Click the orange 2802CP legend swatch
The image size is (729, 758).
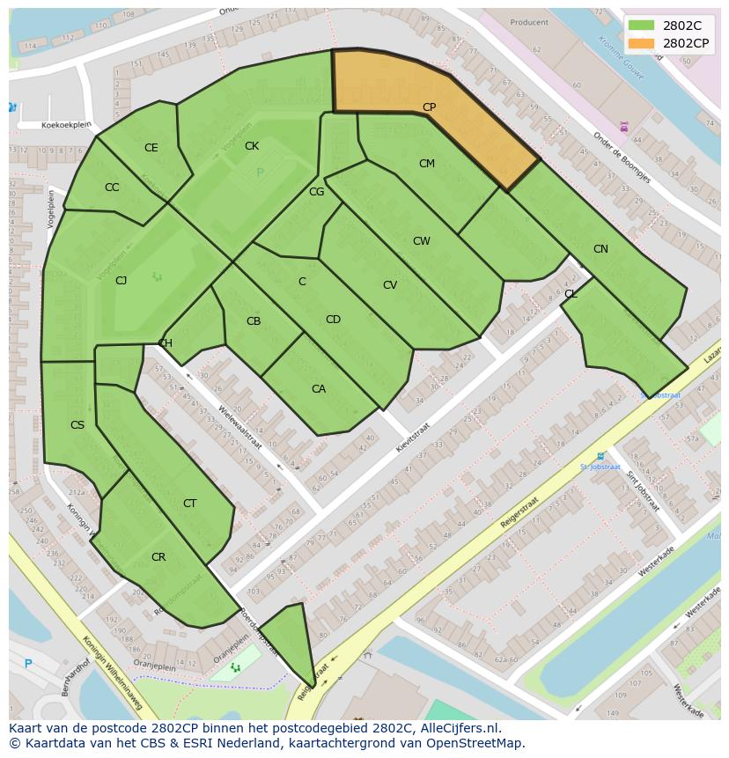642,42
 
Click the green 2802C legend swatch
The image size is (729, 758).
642,25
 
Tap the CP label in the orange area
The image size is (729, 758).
429,107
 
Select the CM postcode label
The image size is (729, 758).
426,164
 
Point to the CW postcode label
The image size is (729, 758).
421,241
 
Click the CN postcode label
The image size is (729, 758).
600,249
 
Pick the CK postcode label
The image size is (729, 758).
252,146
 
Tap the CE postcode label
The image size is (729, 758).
151,148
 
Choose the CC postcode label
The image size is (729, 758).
112,188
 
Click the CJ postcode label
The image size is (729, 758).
121,281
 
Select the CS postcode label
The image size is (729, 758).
77,425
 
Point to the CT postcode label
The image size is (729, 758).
189,504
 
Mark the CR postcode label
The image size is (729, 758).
158,557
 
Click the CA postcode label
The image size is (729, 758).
319,389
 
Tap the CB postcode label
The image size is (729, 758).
254,321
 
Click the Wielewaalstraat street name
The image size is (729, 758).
240,427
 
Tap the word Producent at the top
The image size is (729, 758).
529,23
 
